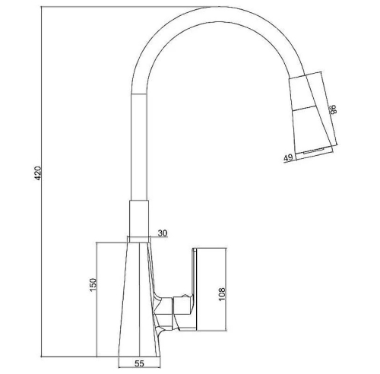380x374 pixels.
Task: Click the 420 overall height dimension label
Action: tap(37, 173)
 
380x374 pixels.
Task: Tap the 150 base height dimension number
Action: tap(93, 285)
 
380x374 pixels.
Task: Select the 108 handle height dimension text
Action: tap(222, 294)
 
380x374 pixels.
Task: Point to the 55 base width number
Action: tap(139, 363)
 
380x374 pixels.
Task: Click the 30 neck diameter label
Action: tap(163, 233)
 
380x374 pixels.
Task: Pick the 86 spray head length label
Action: tap(333, 109)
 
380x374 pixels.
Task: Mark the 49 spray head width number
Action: tap(288, 157)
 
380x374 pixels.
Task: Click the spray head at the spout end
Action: tap(312, 114)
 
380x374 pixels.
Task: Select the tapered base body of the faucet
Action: tap(139, 300)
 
